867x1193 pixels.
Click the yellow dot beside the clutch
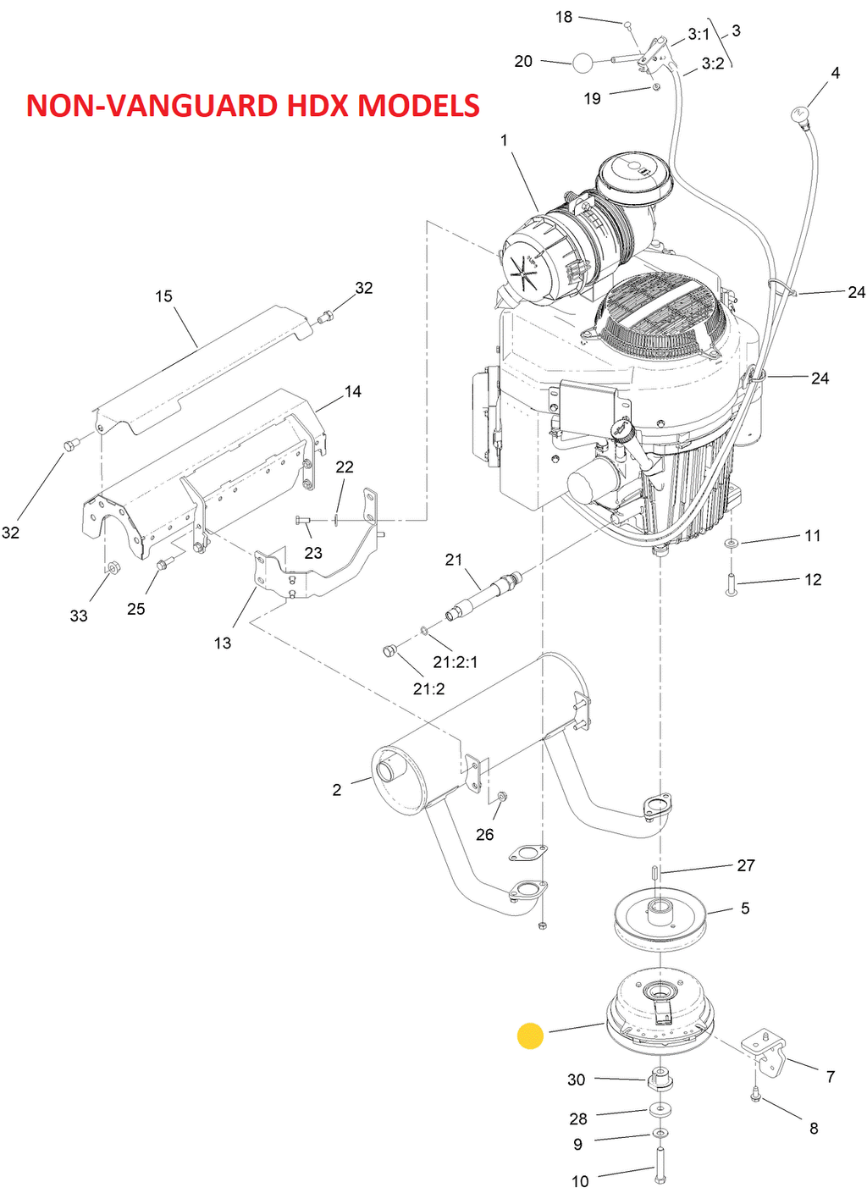click(x=530, y=1036)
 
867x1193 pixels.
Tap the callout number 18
click(x=563, y=18)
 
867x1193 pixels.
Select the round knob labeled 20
click(x=582, y=64)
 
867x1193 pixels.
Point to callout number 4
click(x=836, y=73)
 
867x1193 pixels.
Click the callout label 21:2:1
click(x=456, y=662)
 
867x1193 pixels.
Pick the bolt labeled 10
click(x=660, y=1164)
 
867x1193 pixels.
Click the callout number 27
click(x=746, y=865)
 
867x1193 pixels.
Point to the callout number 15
click(x=164, y=296)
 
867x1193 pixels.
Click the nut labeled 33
click(x=113, y=568)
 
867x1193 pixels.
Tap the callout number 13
click(x=223, y=643)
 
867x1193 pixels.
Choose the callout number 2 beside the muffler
click(x=337, y=790)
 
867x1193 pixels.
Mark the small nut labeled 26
click(x=501, y=796)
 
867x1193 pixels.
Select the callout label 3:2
click(x=713, y=64)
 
